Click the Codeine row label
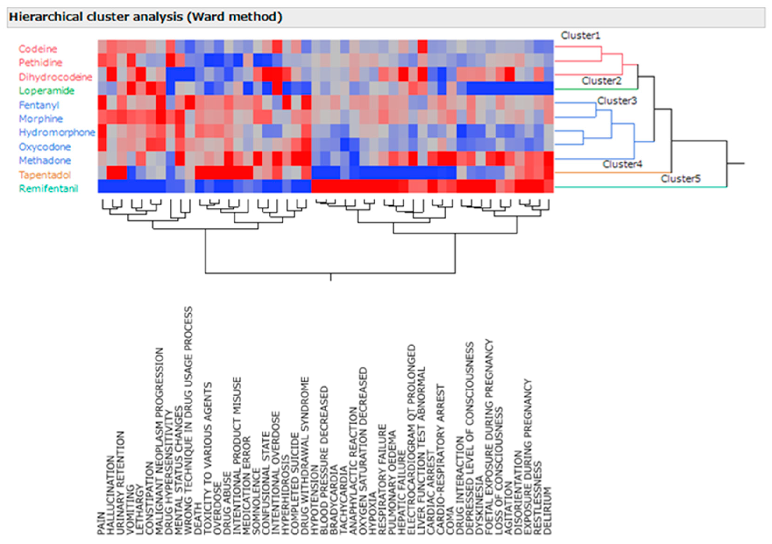click(38, 49)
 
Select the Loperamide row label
click(46, 91)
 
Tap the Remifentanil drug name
click(48, 189)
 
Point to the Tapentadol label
click(45, 175)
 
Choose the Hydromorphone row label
click(57, 132)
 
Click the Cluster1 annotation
click(580, 35)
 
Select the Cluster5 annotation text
click(680, 179)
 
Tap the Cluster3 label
click(617, 101)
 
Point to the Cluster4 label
click(622, 164)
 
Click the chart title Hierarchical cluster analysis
click(145, 17)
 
